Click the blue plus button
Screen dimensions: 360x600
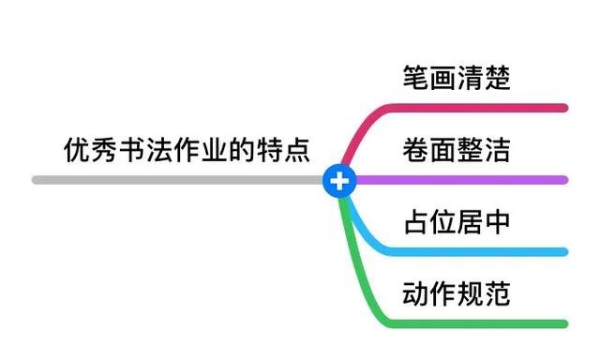click(339, 180)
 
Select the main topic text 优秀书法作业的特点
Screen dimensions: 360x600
click(187, 150)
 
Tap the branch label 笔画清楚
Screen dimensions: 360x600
click(457, 78)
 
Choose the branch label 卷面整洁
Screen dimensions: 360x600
click(457, 150)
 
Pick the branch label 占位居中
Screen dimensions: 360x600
click(457, 222)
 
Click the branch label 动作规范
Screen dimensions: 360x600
click(457, 293)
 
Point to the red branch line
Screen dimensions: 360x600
click(469, 108)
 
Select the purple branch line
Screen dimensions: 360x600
click(469, 180)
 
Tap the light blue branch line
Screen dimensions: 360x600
click(469, 251)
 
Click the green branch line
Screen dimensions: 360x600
click(469, 323)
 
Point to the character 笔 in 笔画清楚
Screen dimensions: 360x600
click(415, 78)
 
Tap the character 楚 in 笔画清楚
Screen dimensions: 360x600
click(498, 78)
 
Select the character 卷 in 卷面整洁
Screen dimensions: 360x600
click(415, 150)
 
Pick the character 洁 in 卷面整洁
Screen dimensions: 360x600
click(498, 150)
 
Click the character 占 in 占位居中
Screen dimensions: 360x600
click(415, 222)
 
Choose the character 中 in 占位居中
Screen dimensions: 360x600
click(498, 222)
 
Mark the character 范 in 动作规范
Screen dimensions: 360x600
click(498, 293)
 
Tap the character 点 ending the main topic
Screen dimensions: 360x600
click(297, 150)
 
